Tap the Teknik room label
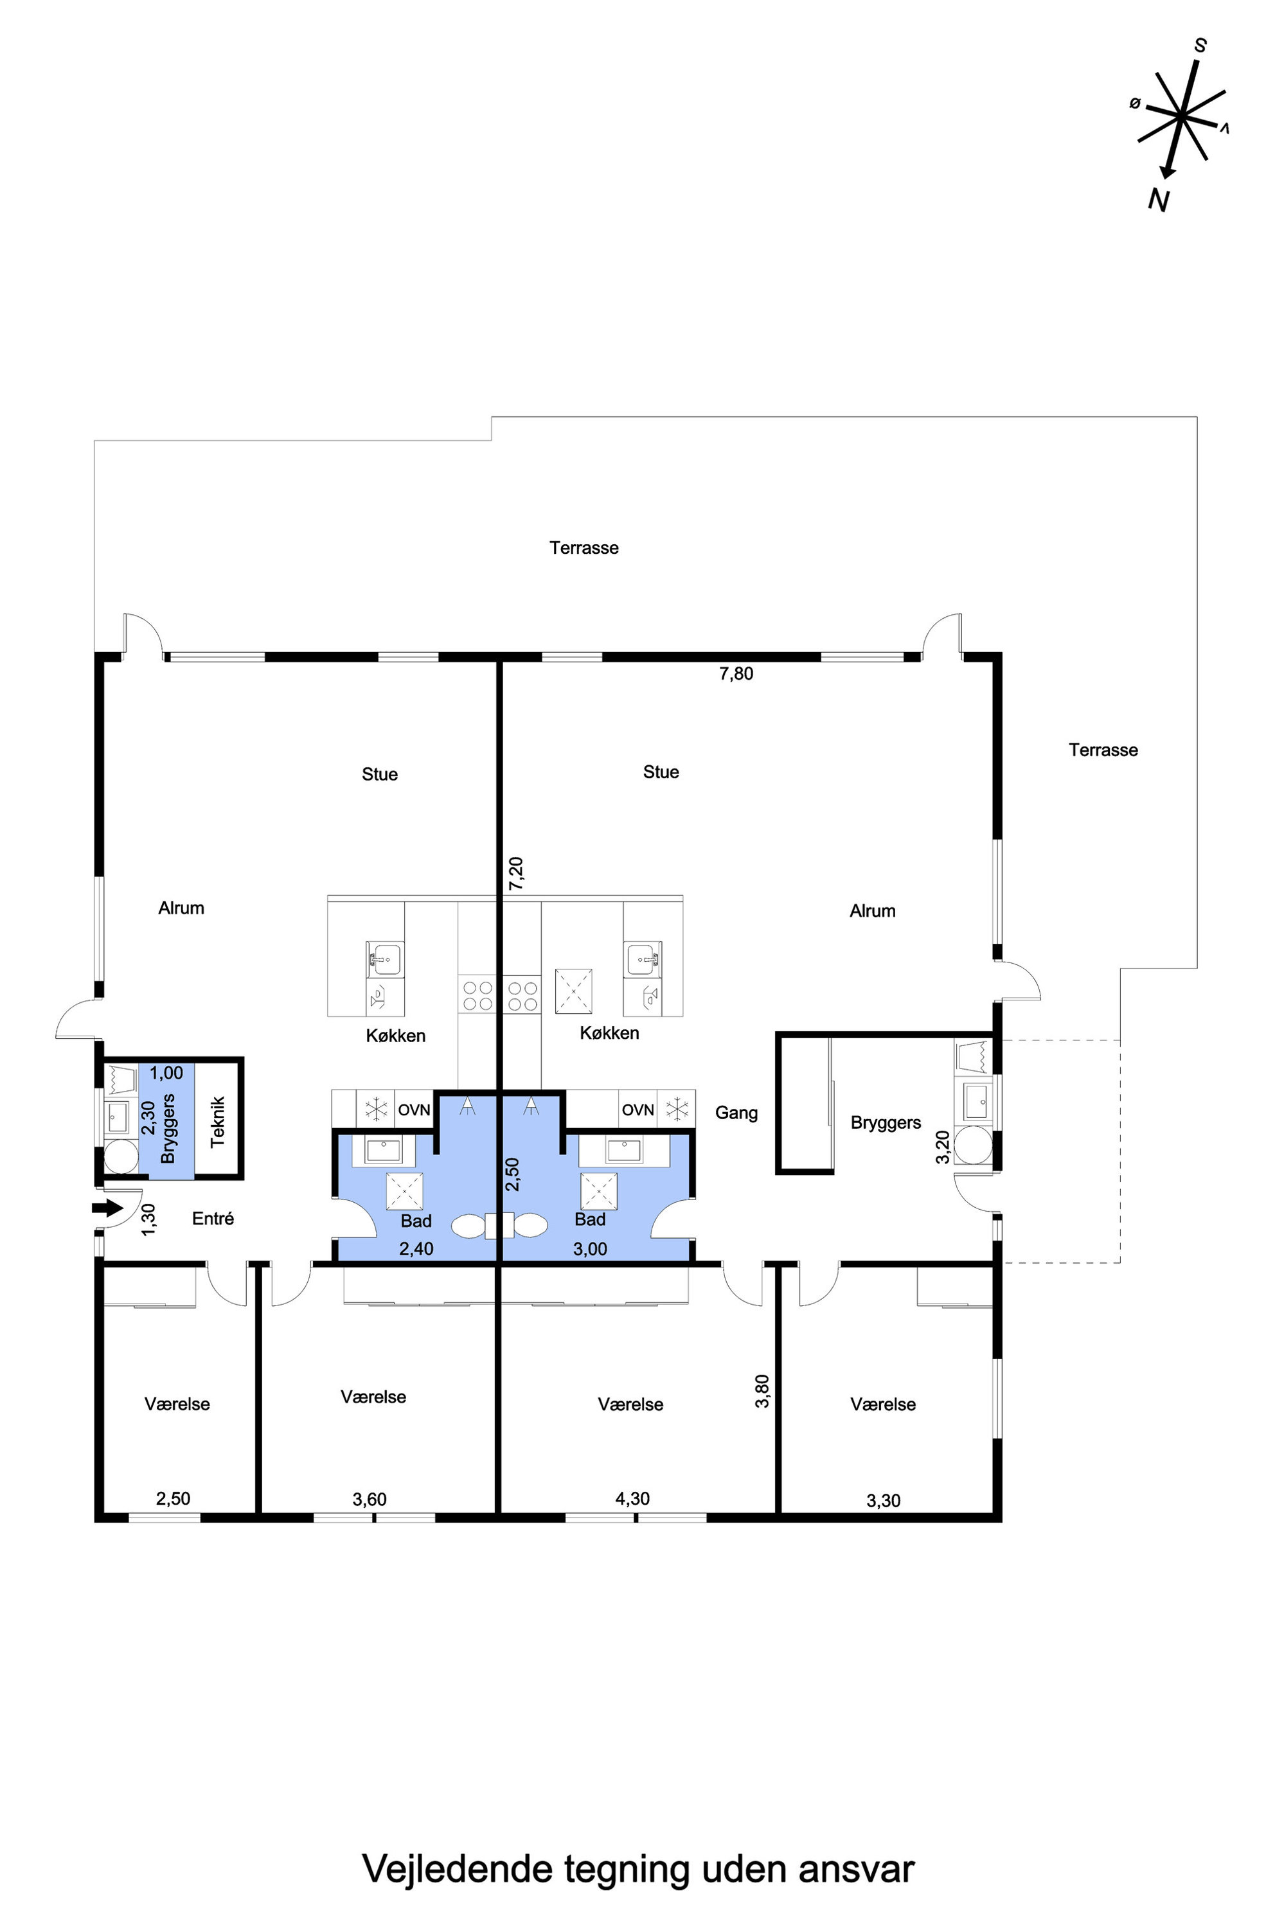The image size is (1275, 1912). click(218, 1122)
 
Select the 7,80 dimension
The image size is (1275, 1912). click(736, 673)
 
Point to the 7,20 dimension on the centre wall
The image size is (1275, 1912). click(516, 873)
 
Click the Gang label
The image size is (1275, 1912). click(736, 1113)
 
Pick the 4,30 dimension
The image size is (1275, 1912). click(632, 1498)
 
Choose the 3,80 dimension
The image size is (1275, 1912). click(762, 1391)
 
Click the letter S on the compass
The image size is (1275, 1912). click(1200, 46)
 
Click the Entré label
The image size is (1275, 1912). click(213, 1217)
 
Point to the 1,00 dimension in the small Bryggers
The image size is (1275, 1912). click(166, 1072)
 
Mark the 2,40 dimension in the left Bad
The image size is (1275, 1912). click(416, 1249)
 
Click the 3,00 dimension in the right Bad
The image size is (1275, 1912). click(591, 1249)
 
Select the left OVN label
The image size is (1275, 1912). click(414, 1110)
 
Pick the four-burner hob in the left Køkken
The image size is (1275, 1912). click(478, 996)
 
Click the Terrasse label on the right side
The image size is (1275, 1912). click(1103, 750)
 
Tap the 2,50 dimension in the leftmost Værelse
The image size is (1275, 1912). click(174, 1498)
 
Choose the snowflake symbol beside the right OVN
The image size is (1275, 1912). click(677, 1109)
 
